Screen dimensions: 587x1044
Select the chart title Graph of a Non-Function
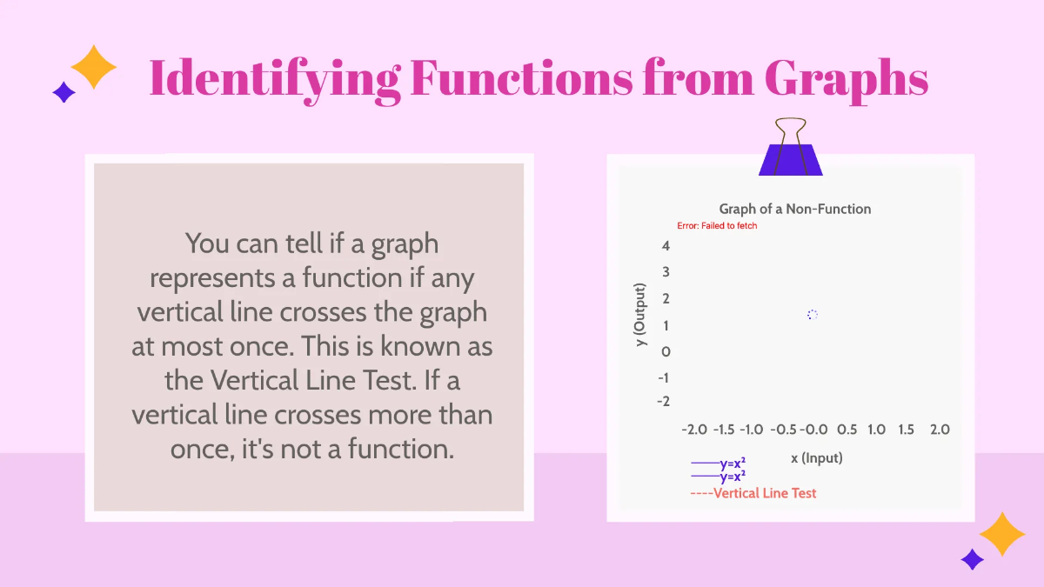tap(794, 209)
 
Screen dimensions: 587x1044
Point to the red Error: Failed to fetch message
tap(717, 226)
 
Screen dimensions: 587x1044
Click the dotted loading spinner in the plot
tap(812, 315)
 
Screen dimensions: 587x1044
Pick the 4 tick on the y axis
tap(666, 246)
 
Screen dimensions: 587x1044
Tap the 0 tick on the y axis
tap(666, 351)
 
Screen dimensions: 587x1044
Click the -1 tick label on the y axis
tap(663, 377)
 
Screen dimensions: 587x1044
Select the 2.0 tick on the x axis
tap(940, 430)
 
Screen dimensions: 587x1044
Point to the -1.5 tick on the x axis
tap(724, 430)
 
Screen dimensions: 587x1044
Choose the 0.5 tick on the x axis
tap(847, 430)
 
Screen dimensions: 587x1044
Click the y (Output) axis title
tap(640, 315)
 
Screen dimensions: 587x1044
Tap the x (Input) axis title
tap(816, 457)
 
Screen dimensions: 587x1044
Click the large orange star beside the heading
tap(93, 67)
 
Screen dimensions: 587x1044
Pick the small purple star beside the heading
tap(64, 92)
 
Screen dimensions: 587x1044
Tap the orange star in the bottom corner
tap(1002, 534)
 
